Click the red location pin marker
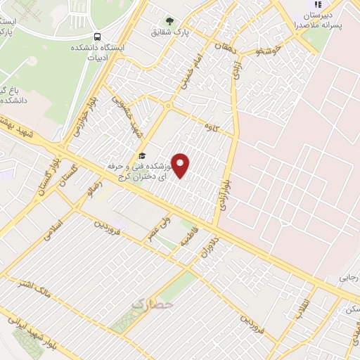coord(181,165)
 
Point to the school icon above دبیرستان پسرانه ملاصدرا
coord(317,4)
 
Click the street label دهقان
coord(226,46)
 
